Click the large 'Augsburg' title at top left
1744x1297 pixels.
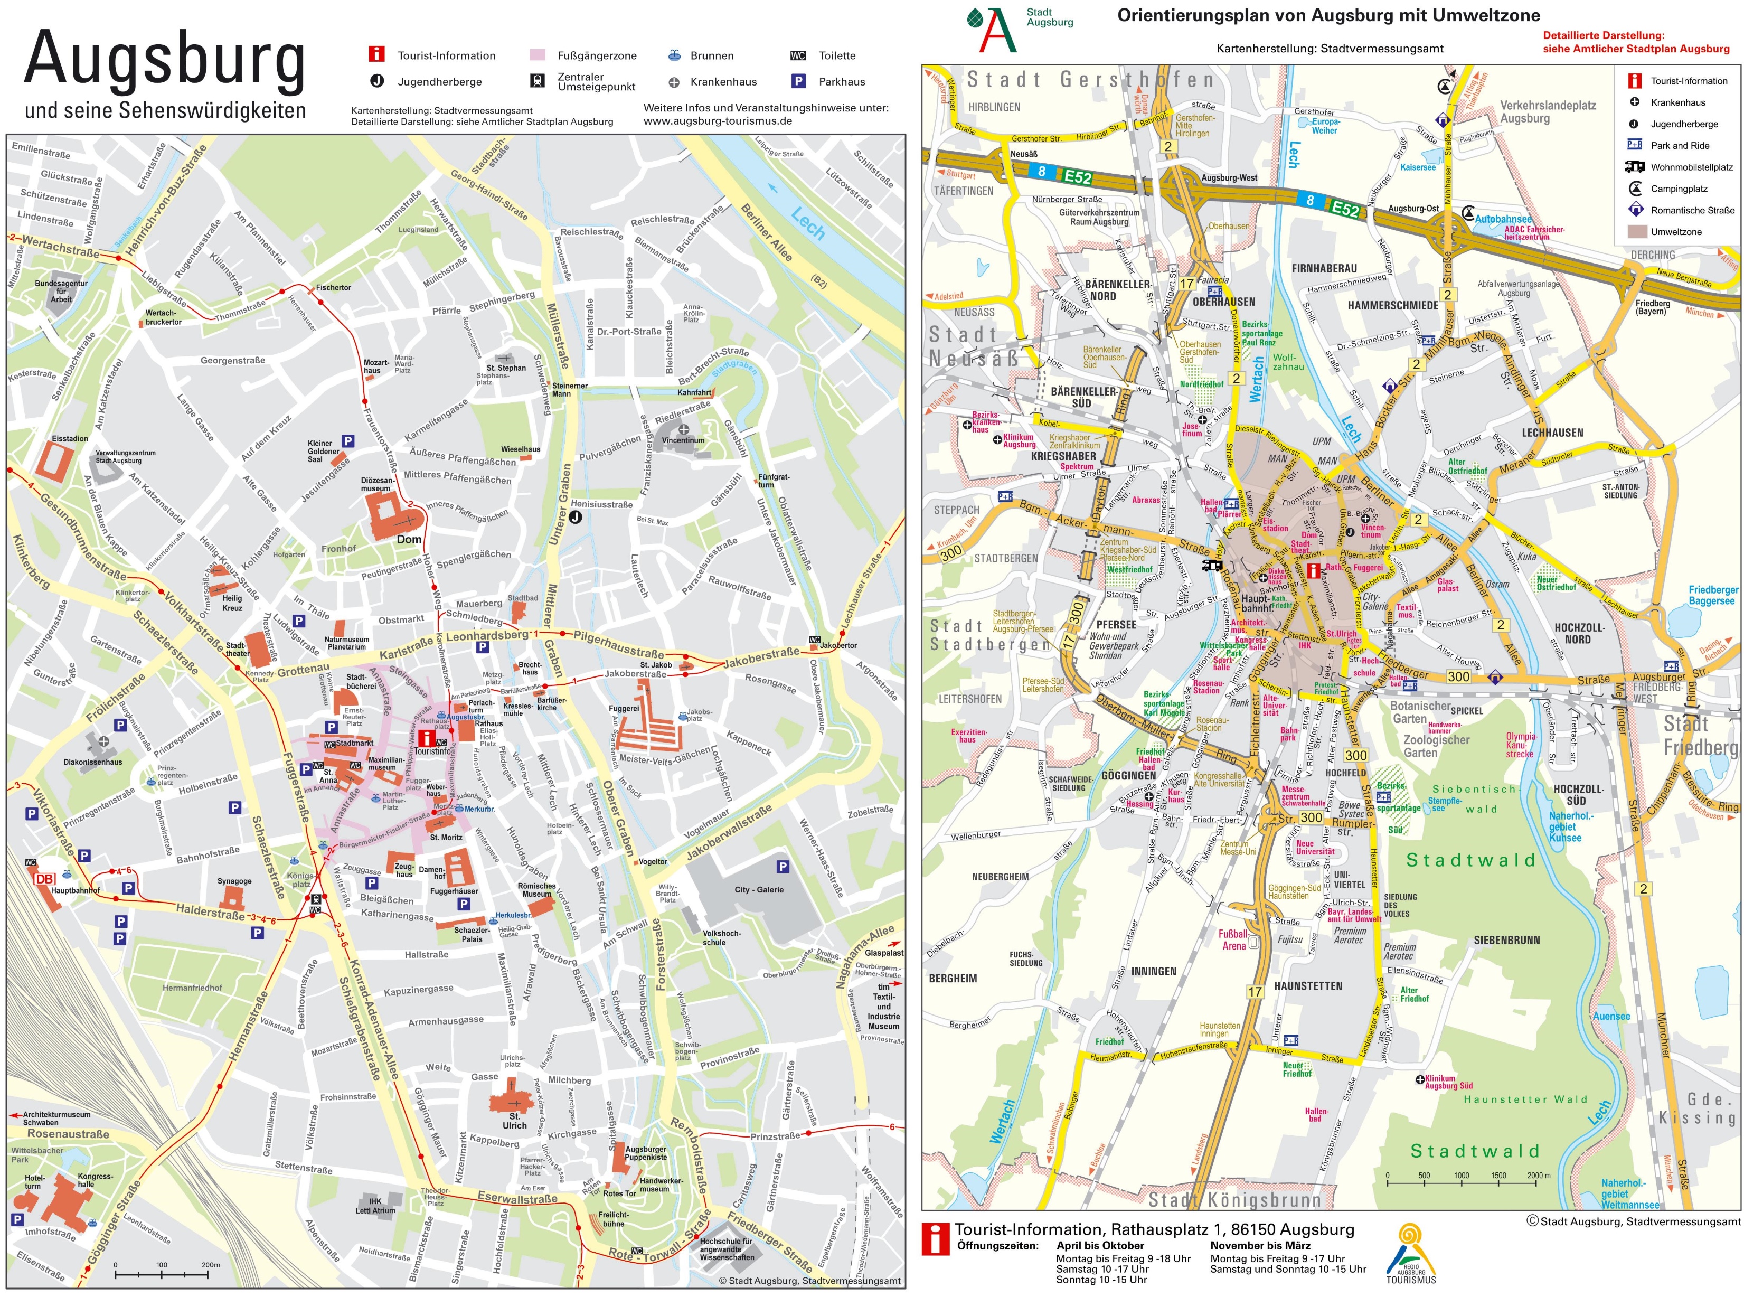point(165,59)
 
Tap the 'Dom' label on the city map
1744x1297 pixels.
point(408,539)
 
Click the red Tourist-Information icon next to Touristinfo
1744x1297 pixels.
point(425,737)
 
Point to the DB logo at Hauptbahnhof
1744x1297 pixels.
point(45,879)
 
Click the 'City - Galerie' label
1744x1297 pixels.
point(758,889)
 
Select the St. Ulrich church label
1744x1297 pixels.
point(514,1120)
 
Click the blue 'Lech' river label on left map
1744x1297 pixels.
point(807,224)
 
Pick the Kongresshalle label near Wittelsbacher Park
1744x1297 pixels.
point(95,1180)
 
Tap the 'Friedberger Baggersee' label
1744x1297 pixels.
point(1713,595)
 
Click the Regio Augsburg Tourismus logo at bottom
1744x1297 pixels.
point(1410,1255)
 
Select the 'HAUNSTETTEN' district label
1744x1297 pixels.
point(1308,986)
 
